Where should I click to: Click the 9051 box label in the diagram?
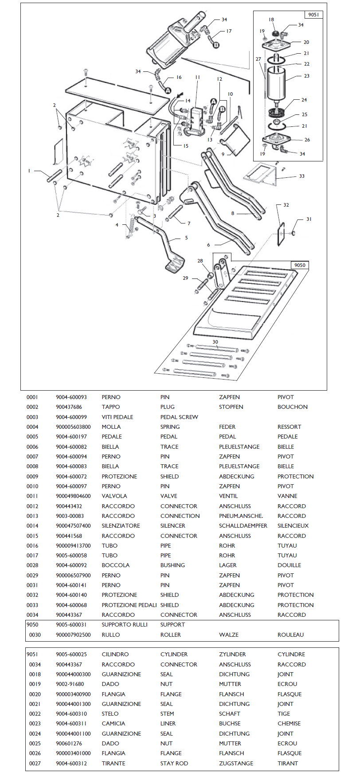tap(313, 15)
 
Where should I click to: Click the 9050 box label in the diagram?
tap(300, 265)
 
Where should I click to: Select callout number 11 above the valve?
tap(198, 77)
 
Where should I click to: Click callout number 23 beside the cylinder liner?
tap(307, 76)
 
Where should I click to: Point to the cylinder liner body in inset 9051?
tap(277, 84)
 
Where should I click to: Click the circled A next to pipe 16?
tap(168, 90)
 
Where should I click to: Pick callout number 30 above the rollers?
tap(215, 342)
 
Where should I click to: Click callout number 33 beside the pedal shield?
tap(302, 176)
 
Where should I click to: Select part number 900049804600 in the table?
tap(73, 496)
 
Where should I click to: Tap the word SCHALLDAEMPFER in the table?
tap(243, 526)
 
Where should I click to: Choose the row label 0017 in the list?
tap(32, 556)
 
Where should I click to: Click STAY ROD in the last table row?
tap(174, 764)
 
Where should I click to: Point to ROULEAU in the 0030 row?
tap(290, 635)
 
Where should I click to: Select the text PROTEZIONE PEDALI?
tap(129, 605)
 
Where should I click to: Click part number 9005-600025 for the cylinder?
tap(71, 654)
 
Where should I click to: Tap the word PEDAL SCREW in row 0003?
tap(179, 417)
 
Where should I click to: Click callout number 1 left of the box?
tap(29, 171)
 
